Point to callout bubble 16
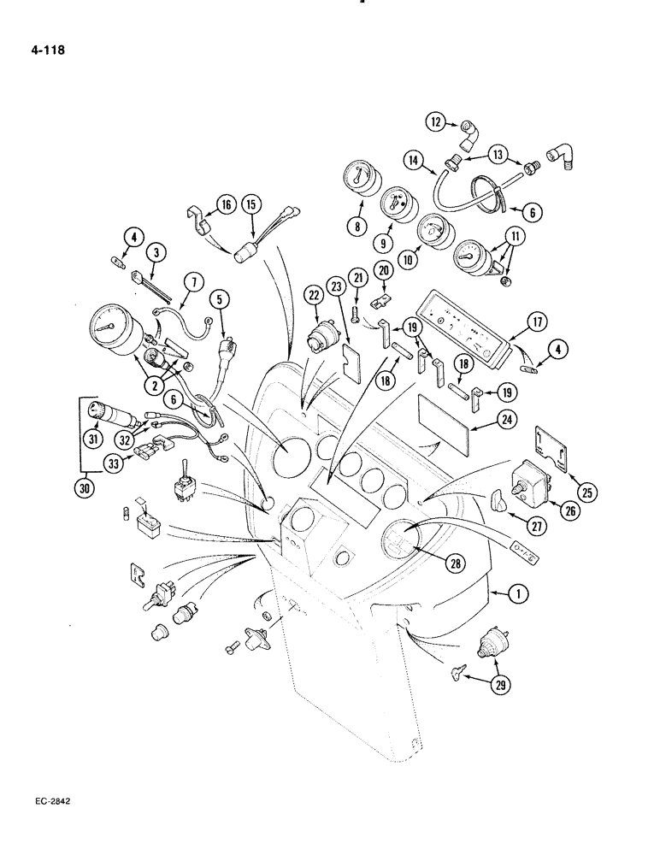[226, 204]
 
